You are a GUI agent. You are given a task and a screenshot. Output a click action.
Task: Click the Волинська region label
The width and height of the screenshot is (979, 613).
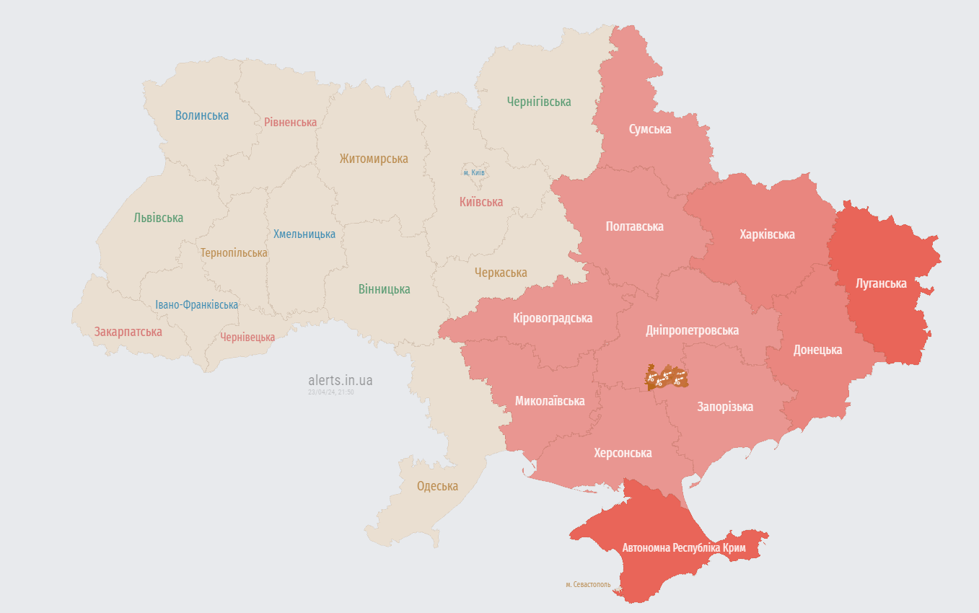(x=201, y=115)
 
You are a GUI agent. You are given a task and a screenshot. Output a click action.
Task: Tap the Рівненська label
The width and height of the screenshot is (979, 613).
(x=290, y=122)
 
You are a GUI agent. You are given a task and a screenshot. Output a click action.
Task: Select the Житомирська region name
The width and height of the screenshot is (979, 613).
(x=374, y=159)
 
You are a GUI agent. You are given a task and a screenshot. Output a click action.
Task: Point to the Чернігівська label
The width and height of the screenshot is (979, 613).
(x=538, y=102)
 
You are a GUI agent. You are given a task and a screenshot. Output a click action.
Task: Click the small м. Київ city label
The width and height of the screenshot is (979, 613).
(x=474, y=173)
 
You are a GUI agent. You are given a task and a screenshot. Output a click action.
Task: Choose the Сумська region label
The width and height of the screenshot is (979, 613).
(x=649, y=129)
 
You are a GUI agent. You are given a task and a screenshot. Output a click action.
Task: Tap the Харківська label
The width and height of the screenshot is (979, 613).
(x=767, y=234)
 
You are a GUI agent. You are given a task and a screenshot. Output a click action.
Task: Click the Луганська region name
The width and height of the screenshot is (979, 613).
(x=880, y=283)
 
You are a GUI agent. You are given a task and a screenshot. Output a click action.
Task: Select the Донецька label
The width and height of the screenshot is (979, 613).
(x=817, y=350)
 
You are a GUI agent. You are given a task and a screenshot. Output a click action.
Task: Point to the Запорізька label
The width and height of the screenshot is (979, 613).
(x=724, y=407)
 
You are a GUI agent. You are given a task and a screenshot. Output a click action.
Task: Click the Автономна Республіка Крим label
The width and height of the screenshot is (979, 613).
(x=683, y=548)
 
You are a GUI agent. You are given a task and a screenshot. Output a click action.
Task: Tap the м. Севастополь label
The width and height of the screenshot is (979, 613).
(x=588, y=584)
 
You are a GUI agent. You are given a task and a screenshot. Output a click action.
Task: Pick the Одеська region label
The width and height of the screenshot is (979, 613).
(x=437, y=486)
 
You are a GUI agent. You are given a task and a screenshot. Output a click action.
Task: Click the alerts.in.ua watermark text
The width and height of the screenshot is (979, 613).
(x=340, y=380)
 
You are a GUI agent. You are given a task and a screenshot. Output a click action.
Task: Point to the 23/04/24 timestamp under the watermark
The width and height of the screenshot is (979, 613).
(x=330, y=392)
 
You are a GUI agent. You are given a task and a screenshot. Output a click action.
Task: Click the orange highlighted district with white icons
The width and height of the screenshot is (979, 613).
(x=666, y=376)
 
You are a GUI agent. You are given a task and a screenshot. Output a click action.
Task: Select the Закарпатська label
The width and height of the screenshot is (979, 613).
(x=128, y=332)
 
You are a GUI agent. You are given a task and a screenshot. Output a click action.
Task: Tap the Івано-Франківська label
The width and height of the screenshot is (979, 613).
(x=196, y=305)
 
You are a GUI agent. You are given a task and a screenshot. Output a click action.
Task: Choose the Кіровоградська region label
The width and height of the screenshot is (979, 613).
(x=553, y=318)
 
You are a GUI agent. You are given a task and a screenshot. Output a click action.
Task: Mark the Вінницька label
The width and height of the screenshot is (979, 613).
(x=384, y=289)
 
